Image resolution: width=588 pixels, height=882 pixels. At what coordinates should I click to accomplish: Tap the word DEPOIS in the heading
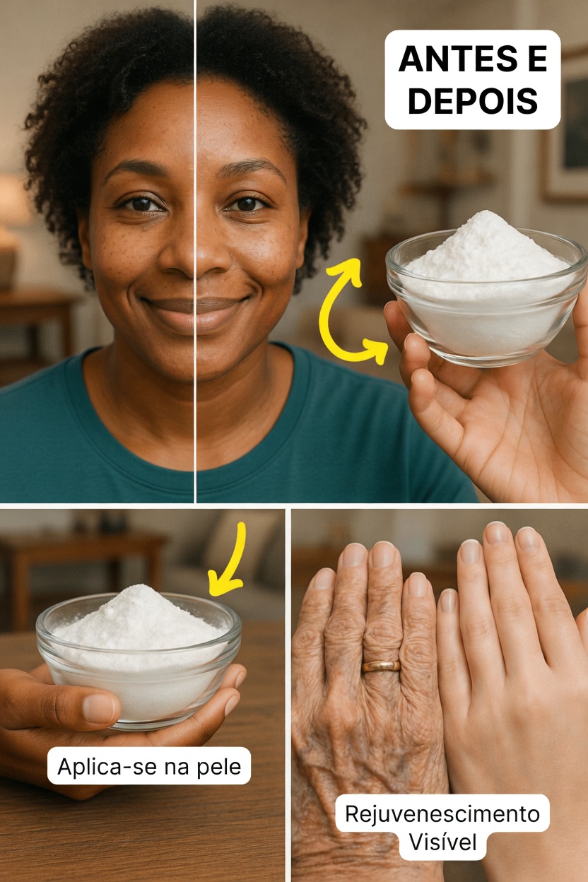pyautogui.click(x=472, y=102)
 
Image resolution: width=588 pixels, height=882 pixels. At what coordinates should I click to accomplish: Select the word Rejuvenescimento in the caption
pyautogui.click(x=442, y=814)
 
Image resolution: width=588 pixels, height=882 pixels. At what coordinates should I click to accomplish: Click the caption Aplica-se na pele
pyautogui.click(x=149, y=766)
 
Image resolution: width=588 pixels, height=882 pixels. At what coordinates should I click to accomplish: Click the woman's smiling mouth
pyautogui.click(x=194, y=305)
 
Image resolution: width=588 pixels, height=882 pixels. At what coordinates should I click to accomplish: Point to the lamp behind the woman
pyautogui.click(x=11, y=205)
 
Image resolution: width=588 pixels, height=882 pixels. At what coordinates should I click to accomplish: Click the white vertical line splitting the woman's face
pyautogui.click(x=195, y=424)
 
